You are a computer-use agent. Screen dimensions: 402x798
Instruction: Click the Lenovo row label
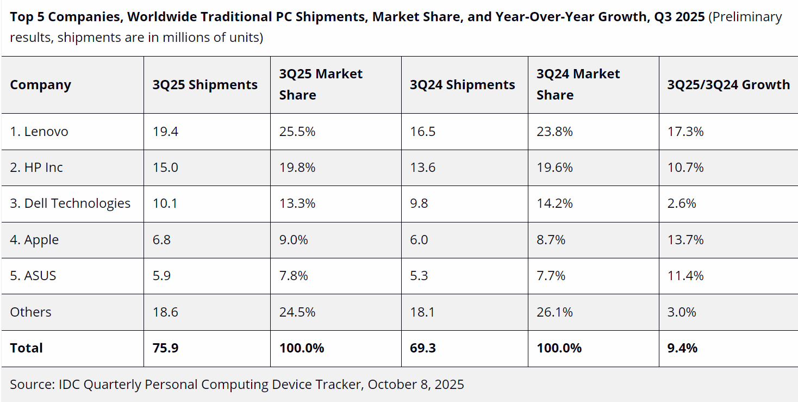click(39, 132)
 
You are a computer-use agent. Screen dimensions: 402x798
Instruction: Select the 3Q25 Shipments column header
click(205, 85)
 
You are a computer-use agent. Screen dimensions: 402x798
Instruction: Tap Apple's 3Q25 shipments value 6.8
click(161, 240)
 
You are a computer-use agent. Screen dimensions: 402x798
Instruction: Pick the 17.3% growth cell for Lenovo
click(685, 132)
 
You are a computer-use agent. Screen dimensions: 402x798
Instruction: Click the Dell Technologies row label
click(70, 203)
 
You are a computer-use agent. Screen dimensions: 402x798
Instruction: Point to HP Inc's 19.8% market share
click(297, 168)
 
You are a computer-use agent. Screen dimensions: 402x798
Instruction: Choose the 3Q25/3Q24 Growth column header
click(728, 85)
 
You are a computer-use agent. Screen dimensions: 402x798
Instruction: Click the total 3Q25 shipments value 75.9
click(165, 348)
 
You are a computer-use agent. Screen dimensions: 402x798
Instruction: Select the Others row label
click(30, 312)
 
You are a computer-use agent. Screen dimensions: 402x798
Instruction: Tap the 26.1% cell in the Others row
click(554, 312)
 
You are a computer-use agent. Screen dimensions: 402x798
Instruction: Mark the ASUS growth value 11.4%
click(685, 276)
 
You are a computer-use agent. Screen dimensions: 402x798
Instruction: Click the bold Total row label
click(26, 348)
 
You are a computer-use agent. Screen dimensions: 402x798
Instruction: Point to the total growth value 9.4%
click(682, 348)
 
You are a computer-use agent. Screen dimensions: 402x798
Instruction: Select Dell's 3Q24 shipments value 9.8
click(419, 203)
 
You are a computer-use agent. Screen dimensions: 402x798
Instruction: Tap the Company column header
click(40, 85)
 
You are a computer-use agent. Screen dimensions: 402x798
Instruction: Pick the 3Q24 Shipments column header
click(462, 85)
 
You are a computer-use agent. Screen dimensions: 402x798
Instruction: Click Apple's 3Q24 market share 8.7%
click(551, 240)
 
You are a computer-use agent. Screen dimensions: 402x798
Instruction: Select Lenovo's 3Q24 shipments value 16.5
click(422, 132)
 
